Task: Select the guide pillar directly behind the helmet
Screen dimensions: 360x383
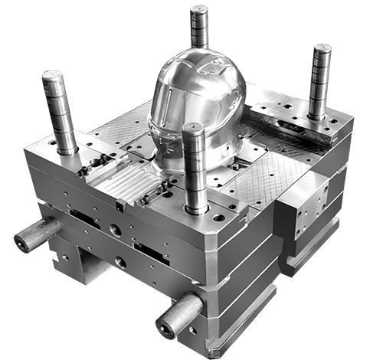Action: click(200, 31)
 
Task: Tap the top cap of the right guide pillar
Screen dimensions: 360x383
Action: click(322, 49)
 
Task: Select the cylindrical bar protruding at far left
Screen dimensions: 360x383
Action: click(37, 234)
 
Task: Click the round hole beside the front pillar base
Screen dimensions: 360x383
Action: click(219, 217)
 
